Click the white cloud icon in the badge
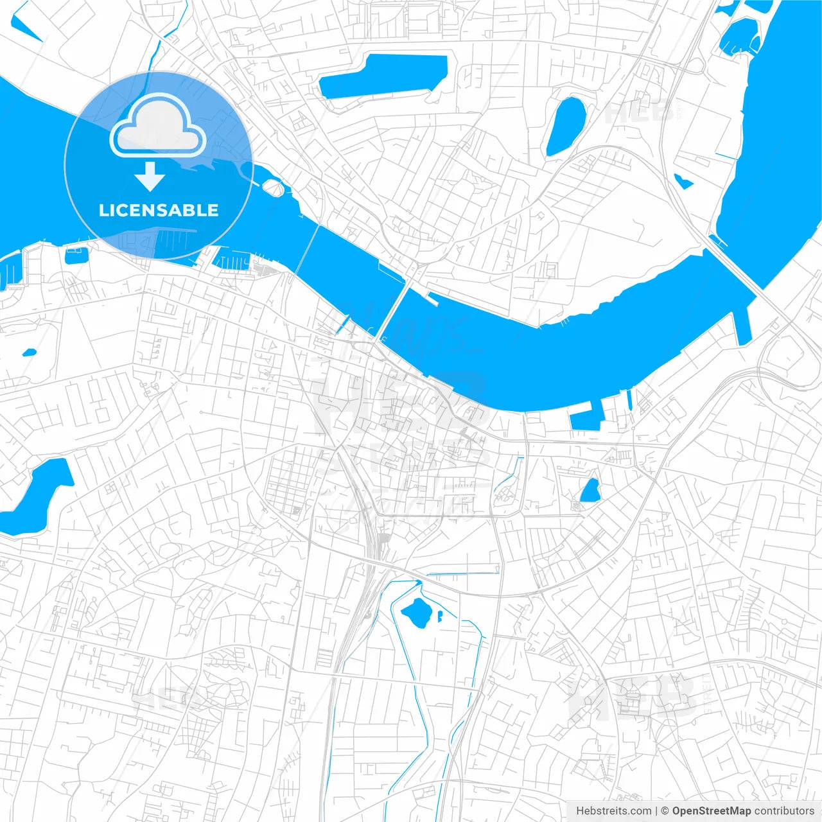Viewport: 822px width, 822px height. [158, 127]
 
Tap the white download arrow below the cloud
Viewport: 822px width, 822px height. [150, 177]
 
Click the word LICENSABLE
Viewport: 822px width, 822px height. [159, 210]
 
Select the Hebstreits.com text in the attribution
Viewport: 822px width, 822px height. [613, 811]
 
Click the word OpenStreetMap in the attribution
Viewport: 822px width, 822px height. [711, 811]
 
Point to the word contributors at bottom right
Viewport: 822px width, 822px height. [784, 811]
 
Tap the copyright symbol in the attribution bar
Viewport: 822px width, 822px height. [665, 811]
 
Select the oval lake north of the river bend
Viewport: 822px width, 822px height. [566, 127]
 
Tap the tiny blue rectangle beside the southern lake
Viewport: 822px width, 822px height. [440, 616]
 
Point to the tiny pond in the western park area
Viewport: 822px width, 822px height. [29, 353]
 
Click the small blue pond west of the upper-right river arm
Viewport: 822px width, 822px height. [683, 181]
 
